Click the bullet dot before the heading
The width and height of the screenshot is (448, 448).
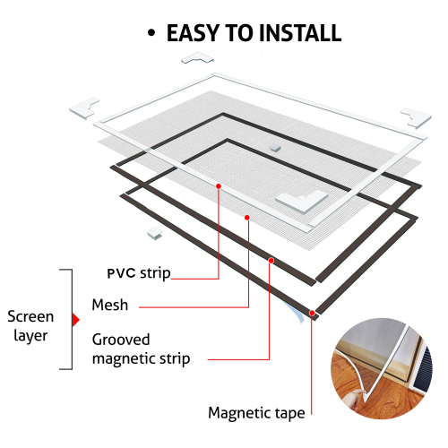pyautogui.click(x=151, y=33)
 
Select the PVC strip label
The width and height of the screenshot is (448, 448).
pyautogui.click(x=139, y=273)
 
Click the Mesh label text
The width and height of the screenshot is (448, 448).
pyautogui.click(x=110, y=305)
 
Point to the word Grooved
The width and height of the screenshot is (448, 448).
pyautogui.click(x=121, y=340)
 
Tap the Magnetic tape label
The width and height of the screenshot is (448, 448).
pyautogui.click(x=256, y=413)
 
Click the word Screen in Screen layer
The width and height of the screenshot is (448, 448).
pyautogui.click(x=30, y=316)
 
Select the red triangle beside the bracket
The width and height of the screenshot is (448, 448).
pyautogui.click(x=76, y=320)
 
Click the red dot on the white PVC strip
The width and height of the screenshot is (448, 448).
pyautogui.click(x=219, y=186)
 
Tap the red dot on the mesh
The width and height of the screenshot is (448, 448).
pyautogui.click(x=247, y=218)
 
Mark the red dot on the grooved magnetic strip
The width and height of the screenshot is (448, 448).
pyautogui.click(x=271, y=261)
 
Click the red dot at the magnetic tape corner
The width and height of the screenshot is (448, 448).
pyautogui.click(x=312, y=313)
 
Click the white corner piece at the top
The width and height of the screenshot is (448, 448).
pyautogui.click(x=198, y=58)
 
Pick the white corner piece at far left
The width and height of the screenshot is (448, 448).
pyautogui.click(x=84, y=108)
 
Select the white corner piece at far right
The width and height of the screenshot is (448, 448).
pyautogui.click(x=416, y=117)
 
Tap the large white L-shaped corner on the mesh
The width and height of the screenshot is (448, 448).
pyautogui.click(x=302, y=201)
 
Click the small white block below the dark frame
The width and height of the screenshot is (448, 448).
pyautogui.click(x=155, y=233)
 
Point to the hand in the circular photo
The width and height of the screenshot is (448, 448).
pyautogui.click(x=356, y=399)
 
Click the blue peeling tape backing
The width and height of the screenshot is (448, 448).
pyautogui.click(x=295, y=312)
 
